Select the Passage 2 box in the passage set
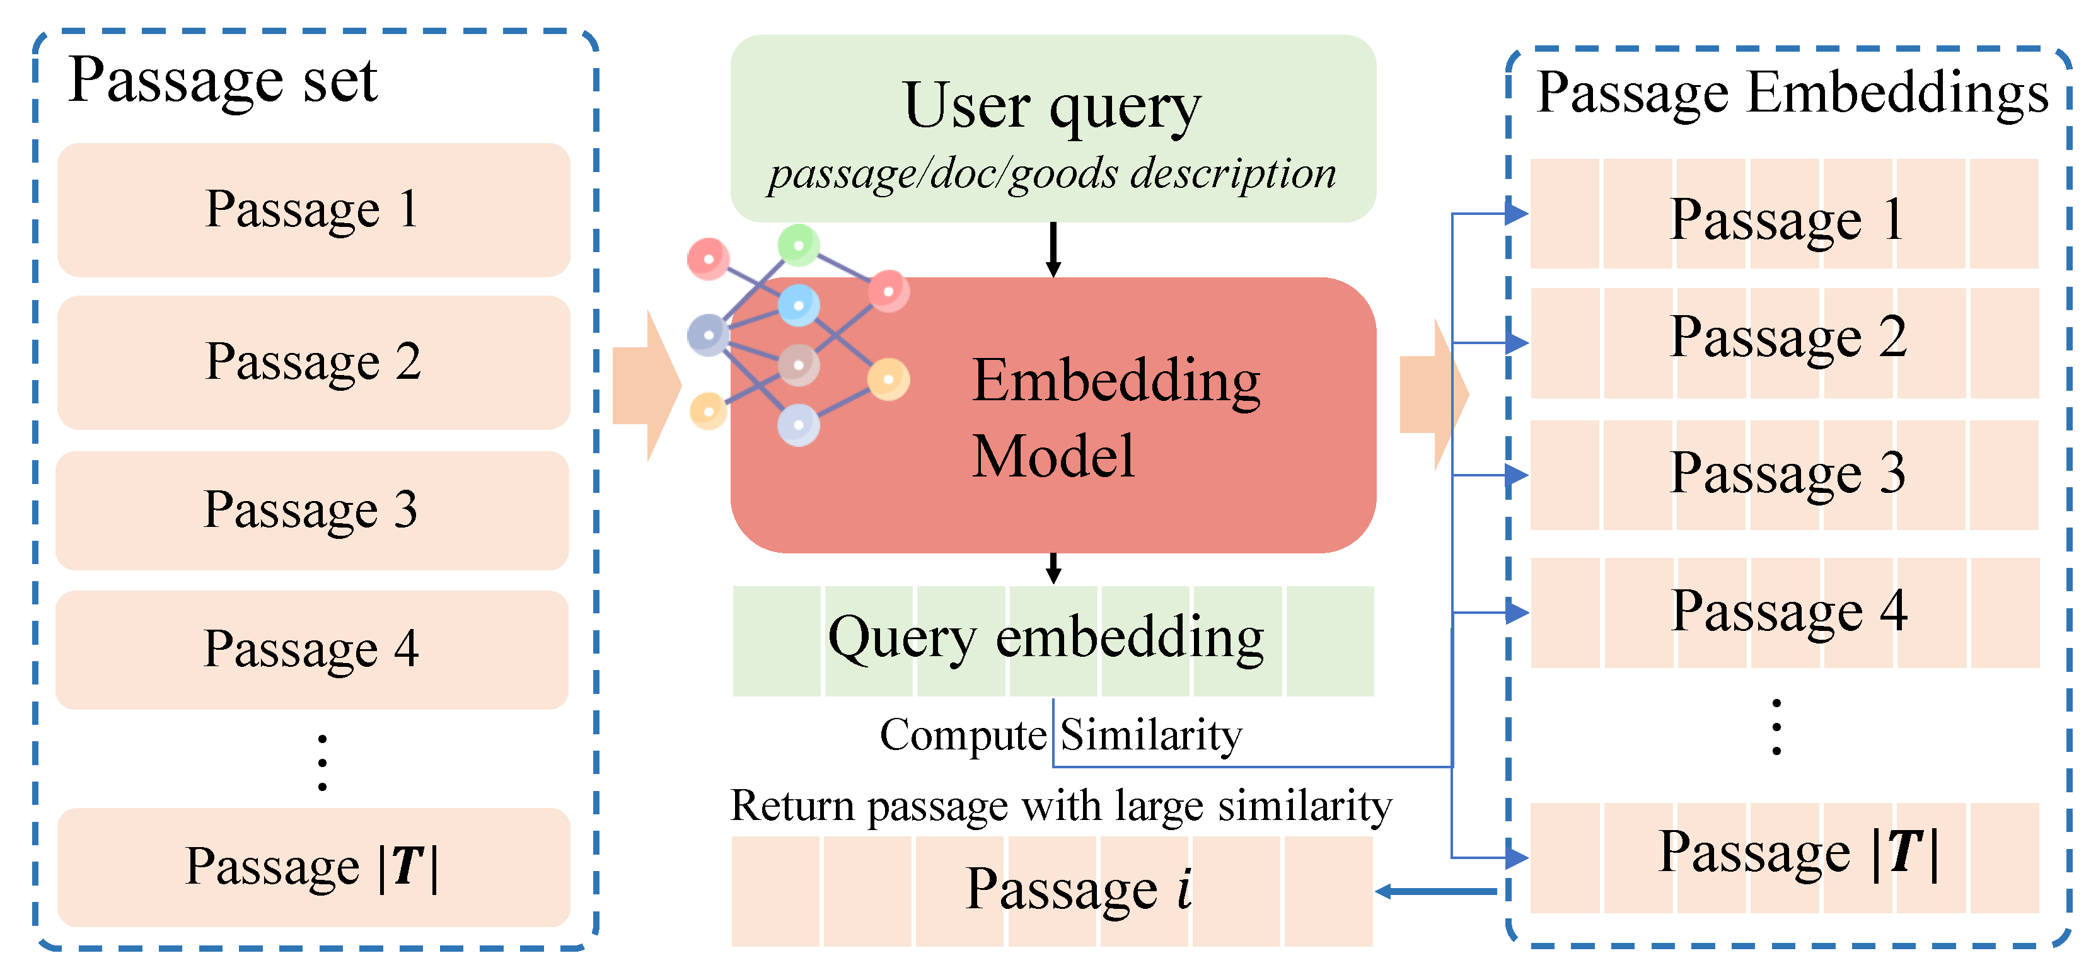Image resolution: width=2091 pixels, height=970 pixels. pyautogui.click(x=313, y=362)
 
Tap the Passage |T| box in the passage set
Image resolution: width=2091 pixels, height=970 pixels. pyautogui.click(x=313, y=866)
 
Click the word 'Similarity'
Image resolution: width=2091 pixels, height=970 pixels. pyautogui.click(x=1151, y=736)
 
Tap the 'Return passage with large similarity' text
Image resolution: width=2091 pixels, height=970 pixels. pyautogui.click(x=1060, y=807)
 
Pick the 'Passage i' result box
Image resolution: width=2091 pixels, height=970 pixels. pyautogui.click(x=1052, y=891)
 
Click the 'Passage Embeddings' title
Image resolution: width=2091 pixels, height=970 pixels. pyautogui.click(x=1792, y=93)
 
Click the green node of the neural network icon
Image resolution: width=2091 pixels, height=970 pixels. pyautogui.click(x=799, y=245)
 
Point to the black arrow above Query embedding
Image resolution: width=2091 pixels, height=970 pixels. pyautogui.click(x=1053, y=569)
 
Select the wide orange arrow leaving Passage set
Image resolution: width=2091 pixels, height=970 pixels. pyautogui.click(x=646, y=386)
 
